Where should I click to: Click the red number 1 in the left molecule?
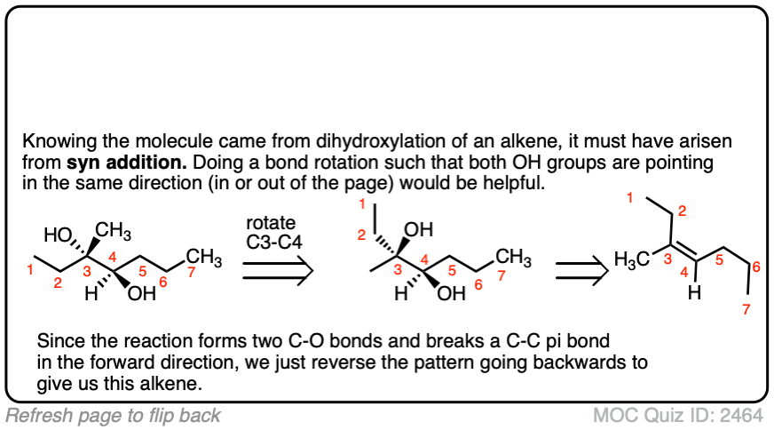[30, 271]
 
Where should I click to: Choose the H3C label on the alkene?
[631, 259]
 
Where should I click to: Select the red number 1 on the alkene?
[629, 197]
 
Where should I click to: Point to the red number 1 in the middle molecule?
[361, 207]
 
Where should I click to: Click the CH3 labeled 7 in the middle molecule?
[514, 258]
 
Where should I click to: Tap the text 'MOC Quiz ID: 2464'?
[682, 415]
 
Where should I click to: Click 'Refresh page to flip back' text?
[113, 415]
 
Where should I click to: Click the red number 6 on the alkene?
[755, 267]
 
